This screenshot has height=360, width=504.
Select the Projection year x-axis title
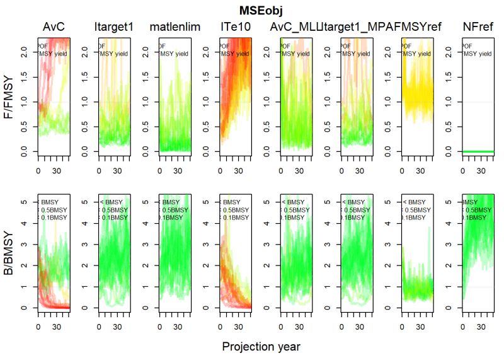[x=261, y=347]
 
